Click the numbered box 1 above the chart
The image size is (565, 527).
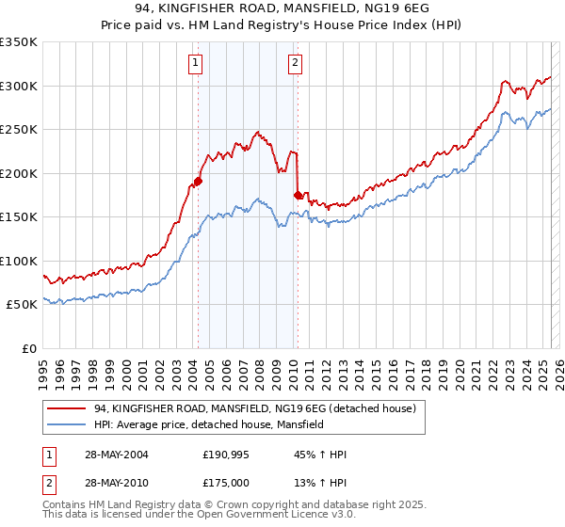tap(195, 64)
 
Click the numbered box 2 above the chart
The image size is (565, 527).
tap(295, 64)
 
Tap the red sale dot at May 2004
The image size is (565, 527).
tap(199, 181)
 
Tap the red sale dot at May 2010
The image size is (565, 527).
tap(299, 195)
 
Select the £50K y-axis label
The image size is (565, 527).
tap(22, 305)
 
